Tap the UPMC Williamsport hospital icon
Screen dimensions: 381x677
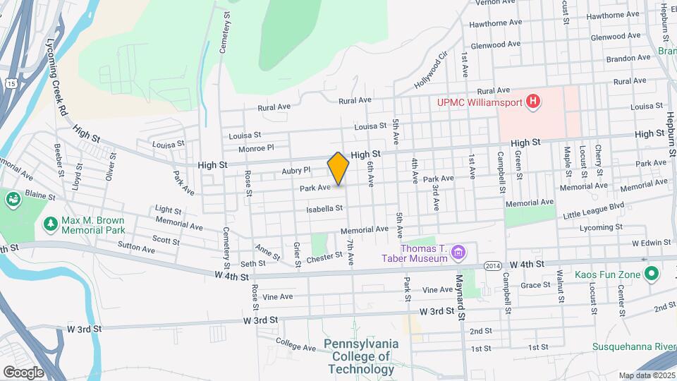click(534, 102)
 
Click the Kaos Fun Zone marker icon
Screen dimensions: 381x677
click(652, 273)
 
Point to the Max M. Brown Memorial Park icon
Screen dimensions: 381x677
click(50, 224)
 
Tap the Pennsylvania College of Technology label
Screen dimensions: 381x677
click(361, 356)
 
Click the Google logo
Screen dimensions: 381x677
click(23, 372)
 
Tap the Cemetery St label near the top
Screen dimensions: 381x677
click(226, 32)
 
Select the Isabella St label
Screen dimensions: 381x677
click(324, 208)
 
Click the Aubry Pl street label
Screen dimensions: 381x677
click(296, 170)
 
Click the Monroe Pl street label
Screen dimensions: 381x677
click(255, 148)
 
